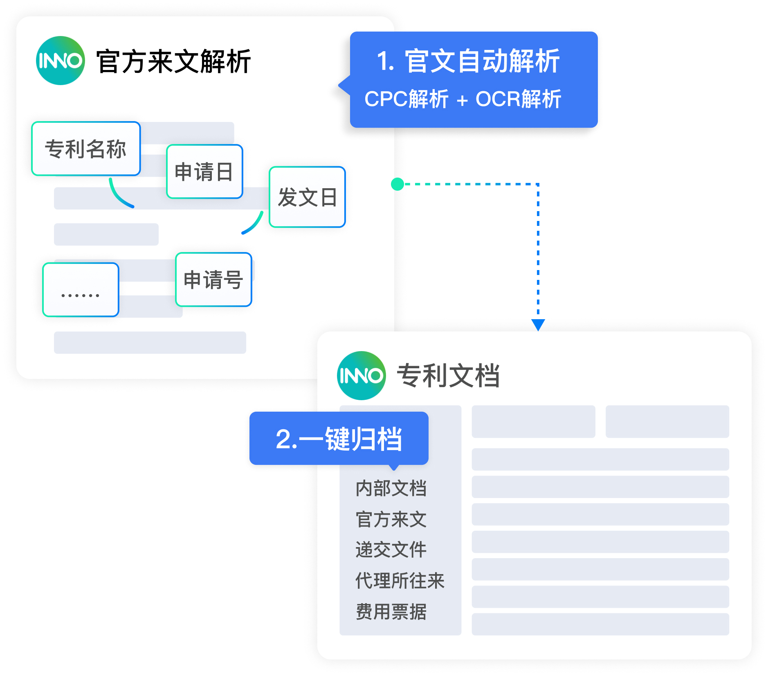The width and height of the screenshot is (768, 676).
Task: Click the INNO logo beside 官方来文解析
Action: click(x=61, y=61)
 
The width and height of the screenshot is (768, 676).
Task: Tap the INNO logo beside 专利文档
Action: click(x=362, y=376)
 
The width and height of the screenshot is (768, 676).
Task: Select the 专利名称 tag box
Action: click(x=86, y=149)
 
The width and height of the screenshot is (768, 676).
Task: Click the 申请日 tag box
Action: click(x=204, y=171)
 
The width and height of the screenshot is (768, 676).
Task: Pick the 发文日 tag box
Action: click(x=307, y=197)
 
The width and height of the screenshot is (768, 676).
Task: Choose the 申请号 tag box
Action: click(x=213, y=279)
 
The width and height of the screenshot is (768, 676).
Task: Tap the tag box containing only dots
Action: click(x=81, y=290)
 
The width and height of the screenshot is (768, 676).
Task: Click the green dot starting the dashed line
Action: click(x=397, y=184)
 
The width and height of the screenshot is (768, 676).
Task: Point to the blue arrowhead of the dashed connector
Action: click(x=538, y=325)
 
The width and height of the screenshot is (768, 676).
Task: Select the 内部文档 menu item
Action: click(x=391, y=488)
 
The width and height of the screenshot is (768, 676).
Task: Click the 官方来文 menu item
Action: click(x=391, y=519)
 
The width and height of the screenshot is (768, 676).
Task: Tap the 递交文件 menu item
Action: click(x=391, y=550)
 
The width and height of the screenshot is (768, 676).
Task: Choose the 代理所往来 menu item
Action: click(x=400, y=581)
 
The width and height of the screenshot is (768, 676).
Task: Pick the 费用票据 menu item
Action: click(x=391, y=612)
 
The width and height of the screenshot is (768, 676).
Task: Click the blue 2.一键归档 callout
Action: click(x=339, y=439)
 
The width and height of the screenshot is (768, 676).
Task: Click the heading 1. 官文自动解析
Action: click(x=468, y=61)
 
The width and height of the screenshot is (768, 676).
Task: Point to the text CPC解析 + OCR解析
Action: click(x=463, y=99)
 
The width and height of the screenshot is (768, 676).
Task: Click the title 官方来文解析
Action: click(x=173, y=61)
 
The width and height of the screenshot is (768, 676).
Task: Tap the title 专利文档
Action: click(x=448, y=376)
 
